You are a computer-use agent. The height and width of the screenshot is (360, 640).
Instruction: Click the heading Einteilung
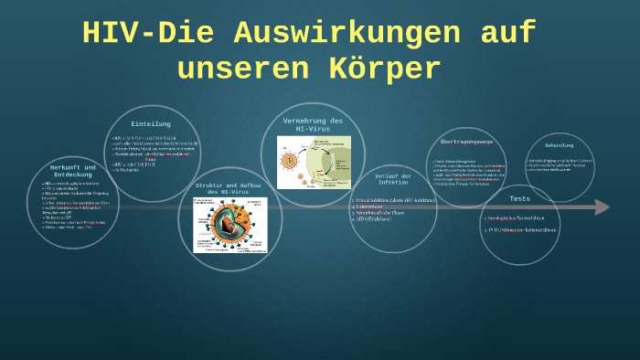point(151,124)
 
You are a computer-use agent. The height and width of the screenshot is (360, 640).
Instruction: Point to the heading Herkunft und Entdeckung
point(73,173)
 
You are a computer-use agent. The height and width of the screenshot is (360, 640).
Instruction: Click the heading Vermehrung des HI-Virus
point(313,125)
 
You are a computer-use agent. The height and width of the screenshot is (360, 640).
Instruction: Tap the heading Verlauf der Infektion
point(393,178)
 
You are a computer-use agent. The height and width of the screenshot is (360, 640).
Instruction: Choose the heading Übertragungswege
point(466,142)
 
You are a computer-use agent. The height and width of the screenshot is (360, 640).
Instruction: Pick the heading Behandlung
point(560,145)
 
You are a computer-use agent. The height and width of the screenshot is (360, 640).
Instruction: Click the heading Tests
point(519,198)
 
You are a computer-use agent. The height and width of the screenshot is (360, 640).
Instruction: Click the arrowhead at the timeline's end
point(603,207)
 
